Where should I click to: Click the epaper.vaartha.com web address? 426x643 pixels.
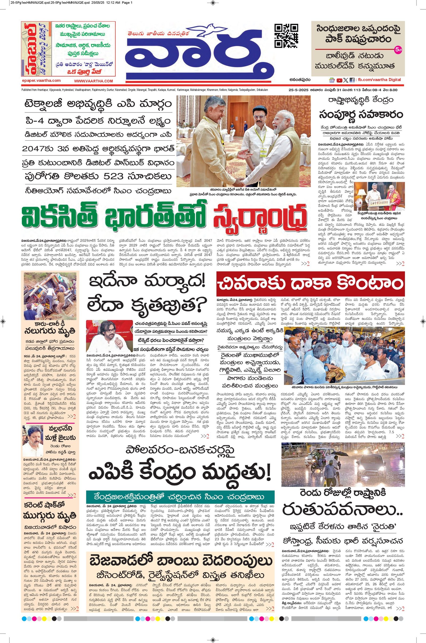coord(41,81)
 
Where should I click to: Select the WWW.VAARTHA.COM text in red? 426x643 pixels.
coord(93,81)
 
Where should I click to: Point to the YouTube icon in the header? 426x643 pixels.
coord(339,80)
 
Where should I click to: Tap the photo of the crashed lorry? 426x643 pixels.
coord(50,295)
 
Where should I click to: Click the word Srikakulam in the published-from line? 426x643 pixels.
coord(261,90)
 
